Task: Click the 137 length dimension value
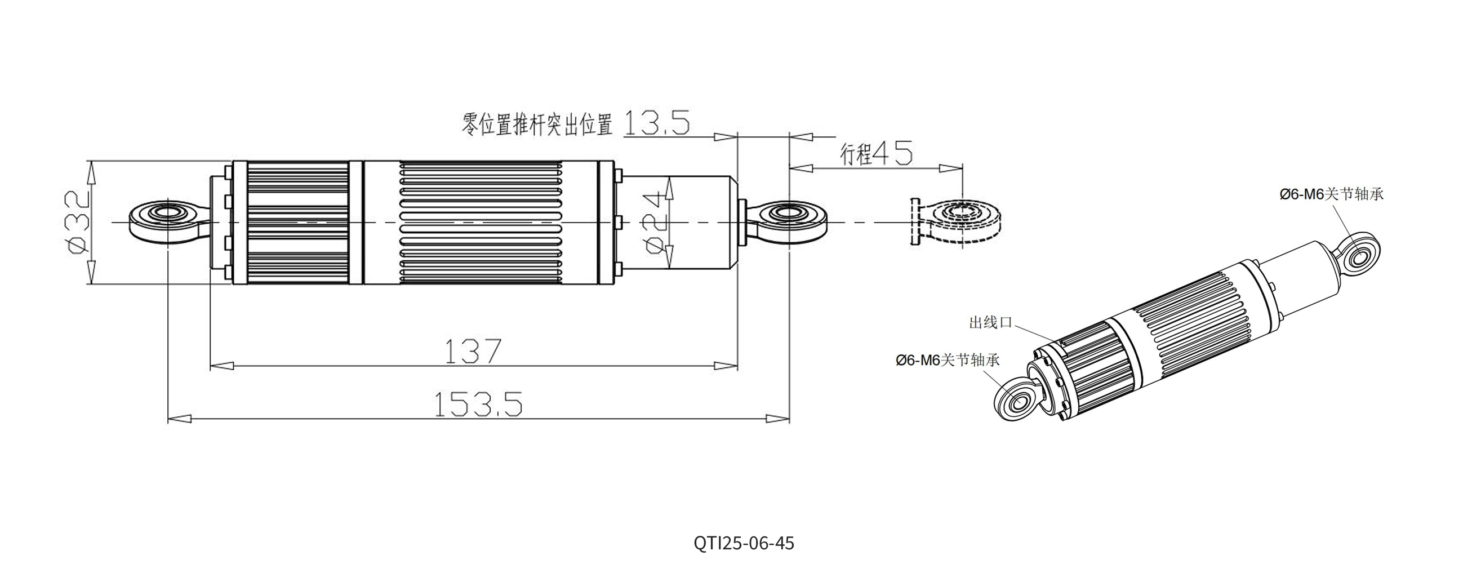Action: click(x=473, y=351)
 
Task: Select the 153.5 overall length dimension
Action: click(x=478, y=404)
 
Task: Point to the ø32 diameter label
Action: click(x=77, y=223)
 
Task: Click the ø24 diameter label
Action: click(x=655, y=223)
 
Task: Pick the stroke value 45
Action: click(x=892, y=153)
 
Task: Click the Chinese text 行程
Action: click(x=856, y=154)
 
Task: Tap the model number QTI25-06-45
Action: click(x=744, y=543)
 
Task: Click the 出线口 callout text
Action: click(x=990, y=323)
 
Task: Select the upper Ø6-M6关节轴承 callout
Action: click(x=1331, y=194)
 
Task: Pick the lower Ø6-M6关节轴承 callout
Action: click(x=948, y=360)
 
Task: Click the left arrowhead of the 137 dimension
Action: click(x=223, y=365)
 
